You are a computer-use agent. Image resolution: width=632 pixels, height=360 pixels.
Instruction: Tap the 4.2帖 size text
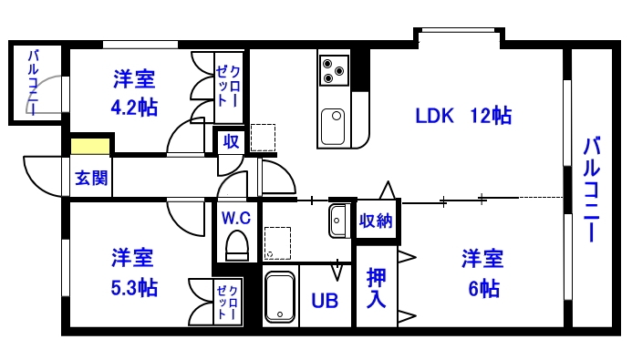pos(134,108)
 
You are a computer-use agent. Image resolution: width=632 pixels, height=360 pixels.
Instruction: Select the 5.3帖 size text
pos(134,288)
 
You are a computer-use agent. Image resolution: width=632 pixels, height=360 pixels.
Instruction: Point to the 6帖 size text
pos(483,288)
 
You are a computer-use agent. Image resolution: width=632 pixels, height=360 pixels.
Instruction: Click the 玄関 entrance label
pos(89,177)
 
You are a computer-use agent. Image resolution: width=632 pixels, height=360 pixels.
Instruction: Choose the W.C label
pos(236,218)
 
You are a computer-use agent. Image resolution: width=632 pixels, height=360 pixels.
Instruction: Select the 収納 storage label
pos(377,220)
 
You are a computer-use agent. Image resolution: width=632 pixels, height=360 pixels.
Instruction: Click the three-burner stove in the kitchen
pos(334,68)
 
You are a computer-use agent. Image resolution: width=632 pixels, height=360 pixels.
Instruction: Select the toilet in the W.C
pos(236,245)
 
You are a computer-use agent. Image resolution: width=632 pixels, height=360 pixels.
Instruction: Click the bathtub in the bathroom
pos(282,296)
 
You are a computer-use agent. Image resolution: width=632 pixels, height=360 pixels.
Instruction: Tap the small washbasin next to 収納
pos(338,220)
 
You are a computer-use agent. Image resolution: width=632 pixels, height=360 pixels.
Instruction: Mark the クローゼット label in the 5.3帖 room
pos(228,300)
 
